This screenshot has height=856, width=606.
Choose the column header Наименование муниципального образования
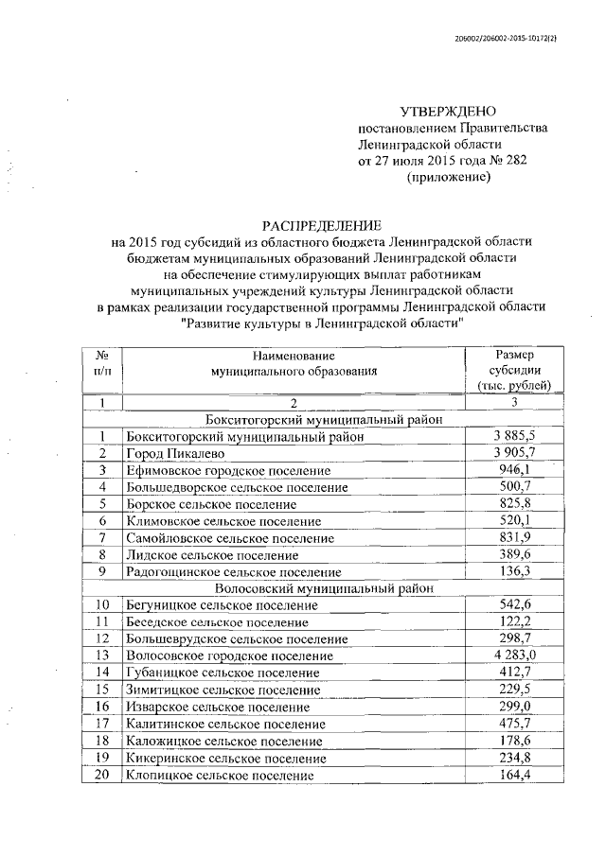(294, 363)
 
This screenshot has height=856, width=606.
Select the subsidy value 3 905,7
(514, 453)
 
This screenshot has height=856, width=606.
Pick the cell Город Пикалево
(174, 454)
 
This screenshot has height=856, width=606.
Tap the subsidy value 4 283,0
(514, 655)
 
